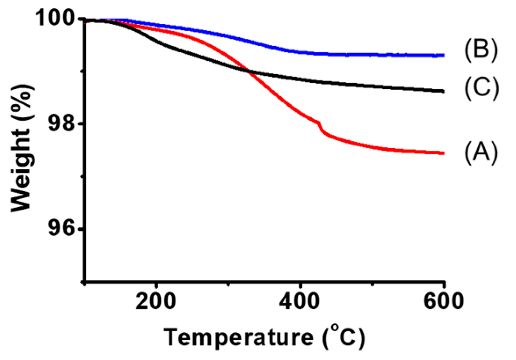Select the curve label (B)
[x=480, y=50]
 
